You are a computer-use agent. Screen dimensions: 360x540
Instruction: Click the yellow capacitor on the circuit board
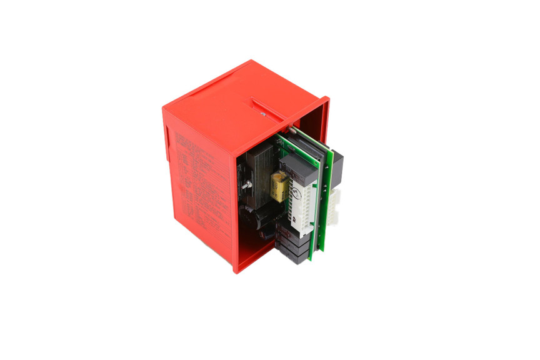(x=279, y=185)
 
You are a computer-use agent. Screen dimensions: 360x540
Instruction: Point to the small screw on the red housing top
(x=263, y=114)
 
